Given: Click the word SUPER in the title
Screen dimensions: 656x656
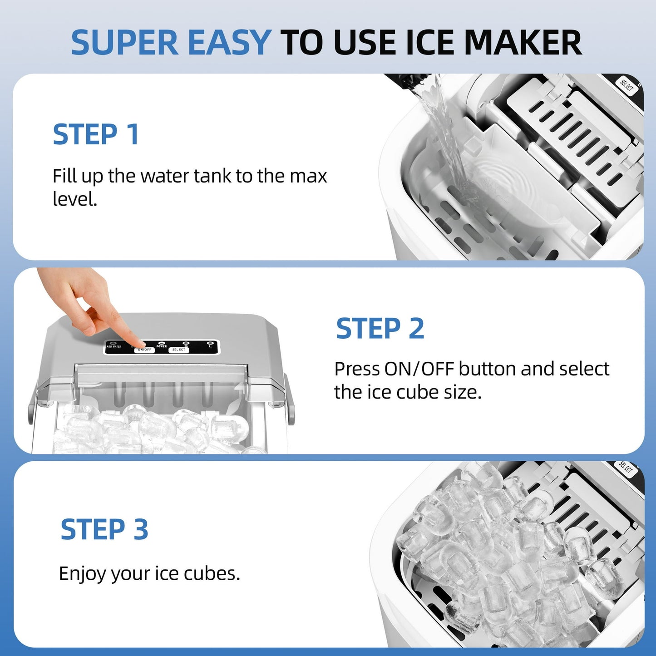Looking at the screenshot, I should [125, 43].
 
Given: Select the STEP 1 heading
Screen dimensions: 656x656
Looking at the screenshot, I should [96, 135].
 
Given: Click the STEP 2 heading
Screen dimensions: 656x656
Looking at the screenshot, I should [380, 329].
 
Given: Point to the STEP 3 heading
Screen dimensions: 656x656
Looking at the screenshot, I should [104, 530].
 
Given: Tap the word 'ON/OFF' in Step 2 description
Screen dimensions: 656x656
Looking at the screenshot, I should [419, 369].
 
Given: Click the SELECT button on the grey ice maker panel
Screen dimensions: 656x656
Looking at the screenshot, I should [178, 350].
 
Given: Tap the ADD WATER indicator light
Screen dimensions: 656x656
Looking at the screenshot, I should [113, 343].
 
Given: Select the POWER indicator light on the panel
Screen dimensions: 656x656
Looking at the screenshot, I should [162, 343].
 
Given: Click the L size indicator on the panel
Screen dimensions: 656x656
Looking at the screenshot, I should [209, 343].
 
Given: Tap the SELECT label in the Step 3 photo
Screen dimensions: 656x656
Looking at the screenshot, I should [625, 469].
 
